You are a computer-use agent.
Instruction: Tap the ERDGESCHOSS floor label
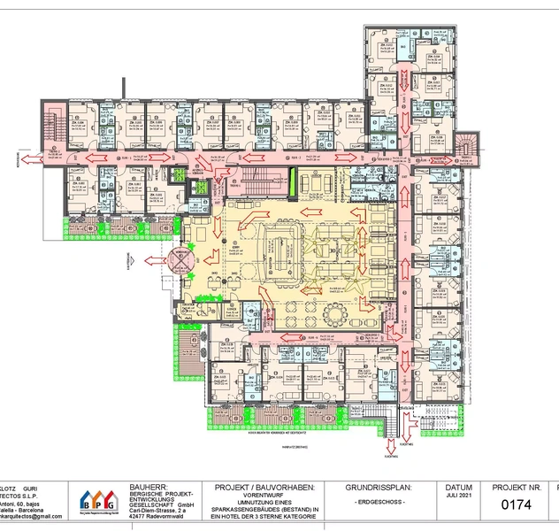click(379, 503)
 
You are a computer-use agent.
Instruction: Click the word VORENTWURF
click(265, 496)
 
